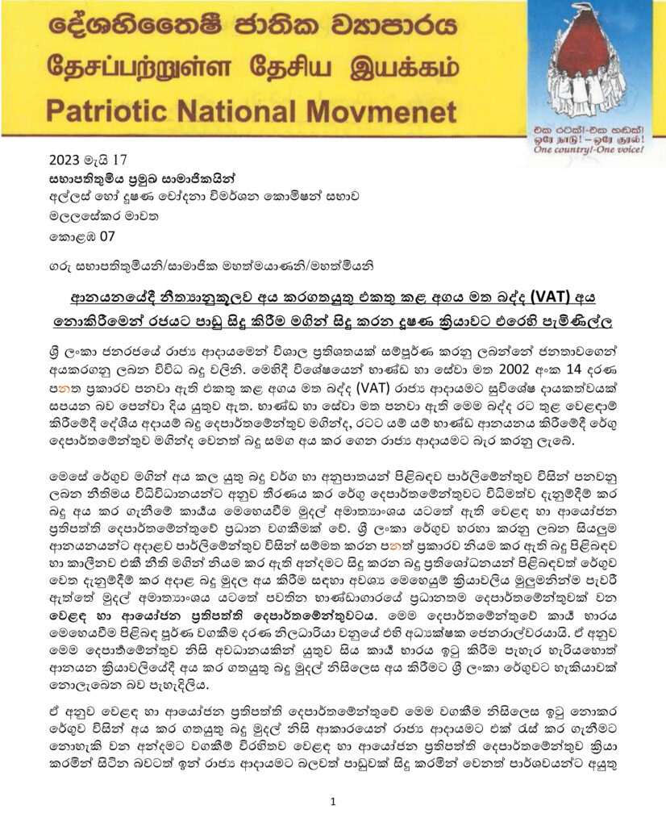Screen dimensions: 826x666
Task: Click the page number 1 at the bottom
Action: click(x=333, y=802)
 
